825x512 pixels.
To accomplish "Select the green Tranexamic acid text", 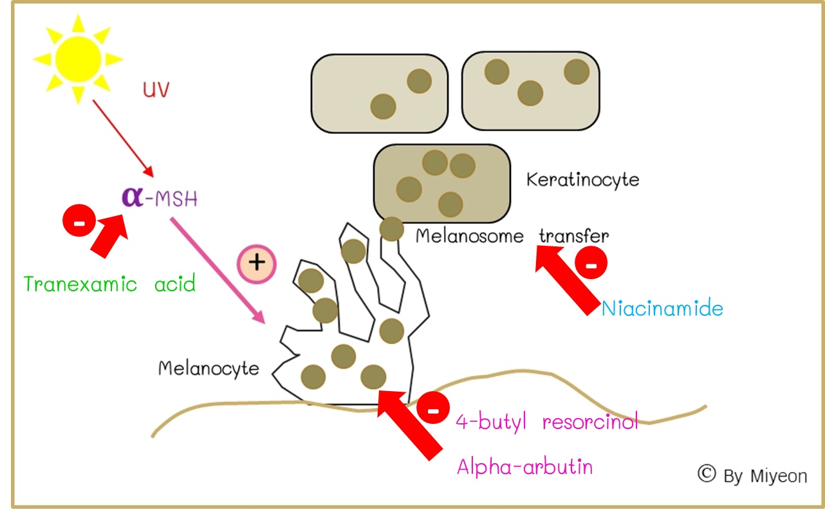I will (x=109, y=284).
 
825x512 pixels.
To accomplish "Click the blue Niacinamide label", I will (x=662, y=309).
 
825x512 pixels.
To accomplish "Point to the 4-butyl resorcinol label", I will (x=546, y=423).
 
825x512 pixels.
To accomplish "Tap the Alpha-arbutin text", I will (x=524, y=466).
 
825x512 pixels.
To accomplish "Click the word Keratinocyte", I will (x=582, y=179).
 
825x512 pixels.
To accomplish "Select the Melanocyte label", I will (x=209, y=368).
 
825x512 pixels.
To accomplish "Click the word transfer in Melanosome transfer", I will (x=573, y=235).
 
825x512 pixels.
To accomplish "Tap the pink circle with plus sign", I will (x=256, y=262).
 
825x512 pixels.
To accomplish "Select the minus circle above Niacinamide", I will (x=590, y=263).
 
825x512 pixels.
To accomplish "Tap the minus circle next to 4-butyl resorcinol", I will (x=433, y=409).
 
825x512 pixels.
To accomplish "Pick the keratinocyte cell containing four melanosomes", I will (x=441, y=181).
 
